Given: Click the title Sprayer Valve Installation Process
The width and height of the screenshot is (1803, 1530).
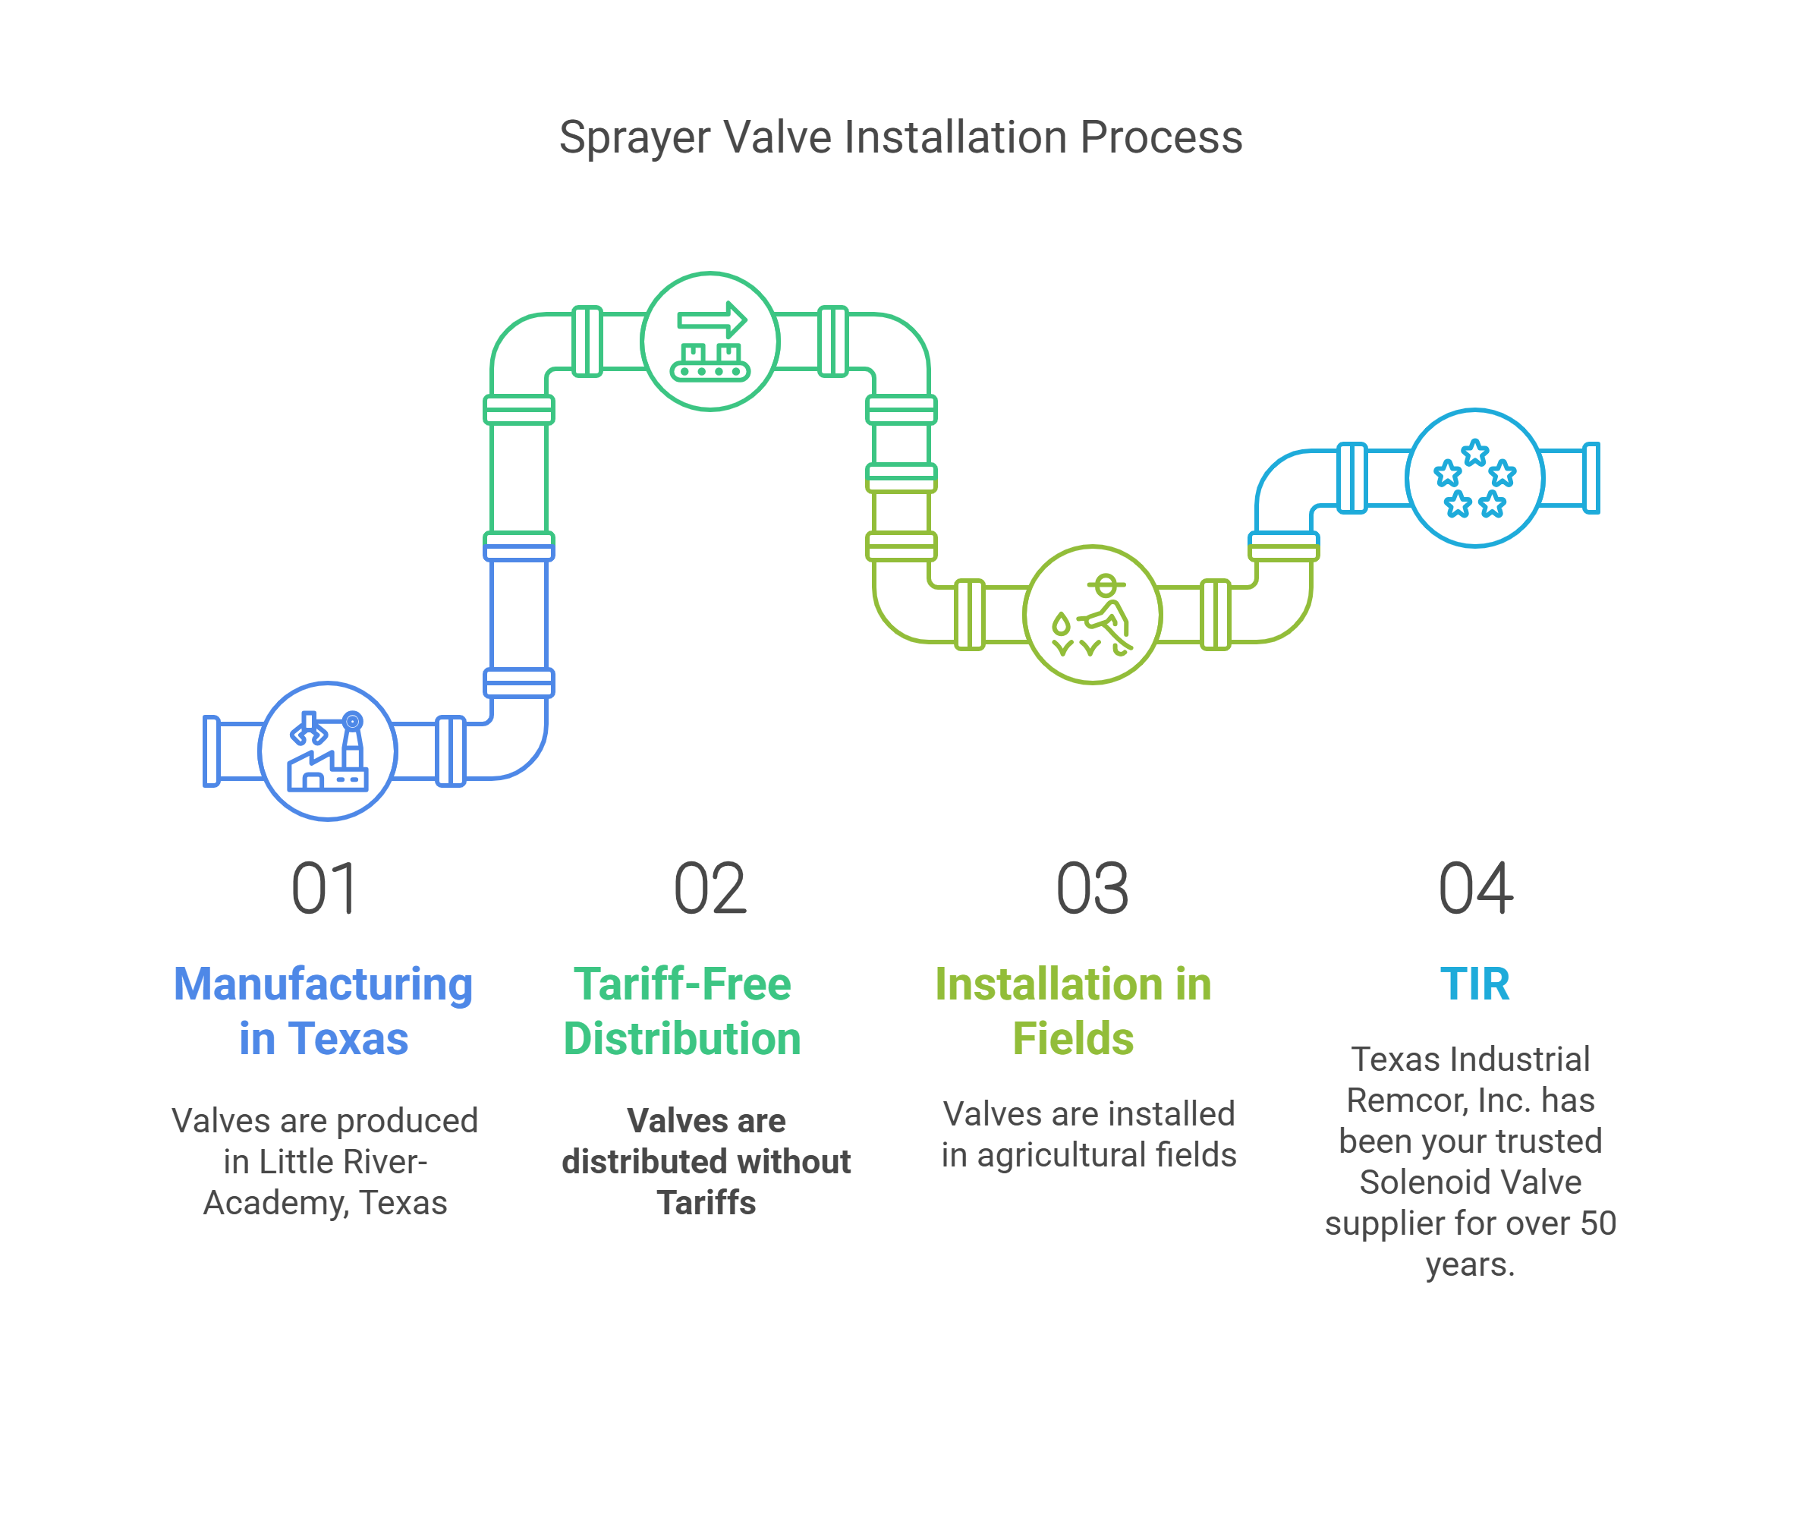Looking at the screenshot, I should point(900,137).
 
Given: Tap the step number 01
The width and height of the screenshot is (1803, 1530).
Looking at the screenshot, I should point(323,889).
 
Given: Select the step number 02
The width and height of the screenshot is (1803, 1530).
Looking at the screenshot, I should point(710,889).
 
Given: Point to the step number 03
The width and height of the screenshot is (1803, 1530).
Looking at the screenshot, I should point(1092,889).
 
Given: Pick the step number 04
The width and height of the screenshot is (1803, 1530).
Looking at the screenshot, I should point(1475,889).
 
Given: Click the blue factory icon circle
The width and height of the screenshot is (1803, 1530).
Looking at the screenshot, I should point(328,751).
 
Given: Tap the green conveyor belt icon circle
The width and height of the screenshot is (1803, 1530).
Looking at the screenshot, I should point(710,341).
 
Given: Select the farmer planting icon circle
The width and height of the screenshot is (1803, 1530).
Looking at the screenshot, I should point(1092,614).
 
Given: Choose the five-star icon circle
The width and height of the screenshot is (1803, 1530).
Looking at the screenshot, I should point(1474,478).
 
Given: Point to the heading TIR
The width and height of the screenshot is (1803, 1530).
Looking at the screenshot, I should point(1474,984).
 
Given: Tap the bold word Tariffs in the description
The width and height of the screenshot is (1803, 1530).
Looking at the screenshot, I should point(706,1203).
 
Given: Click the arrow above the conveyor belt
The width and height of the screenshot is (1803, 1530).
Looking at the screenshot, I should point(712,320).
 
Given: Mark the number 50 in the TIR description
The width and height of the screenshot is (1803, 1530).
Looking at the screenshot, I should point(1597,1223).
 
